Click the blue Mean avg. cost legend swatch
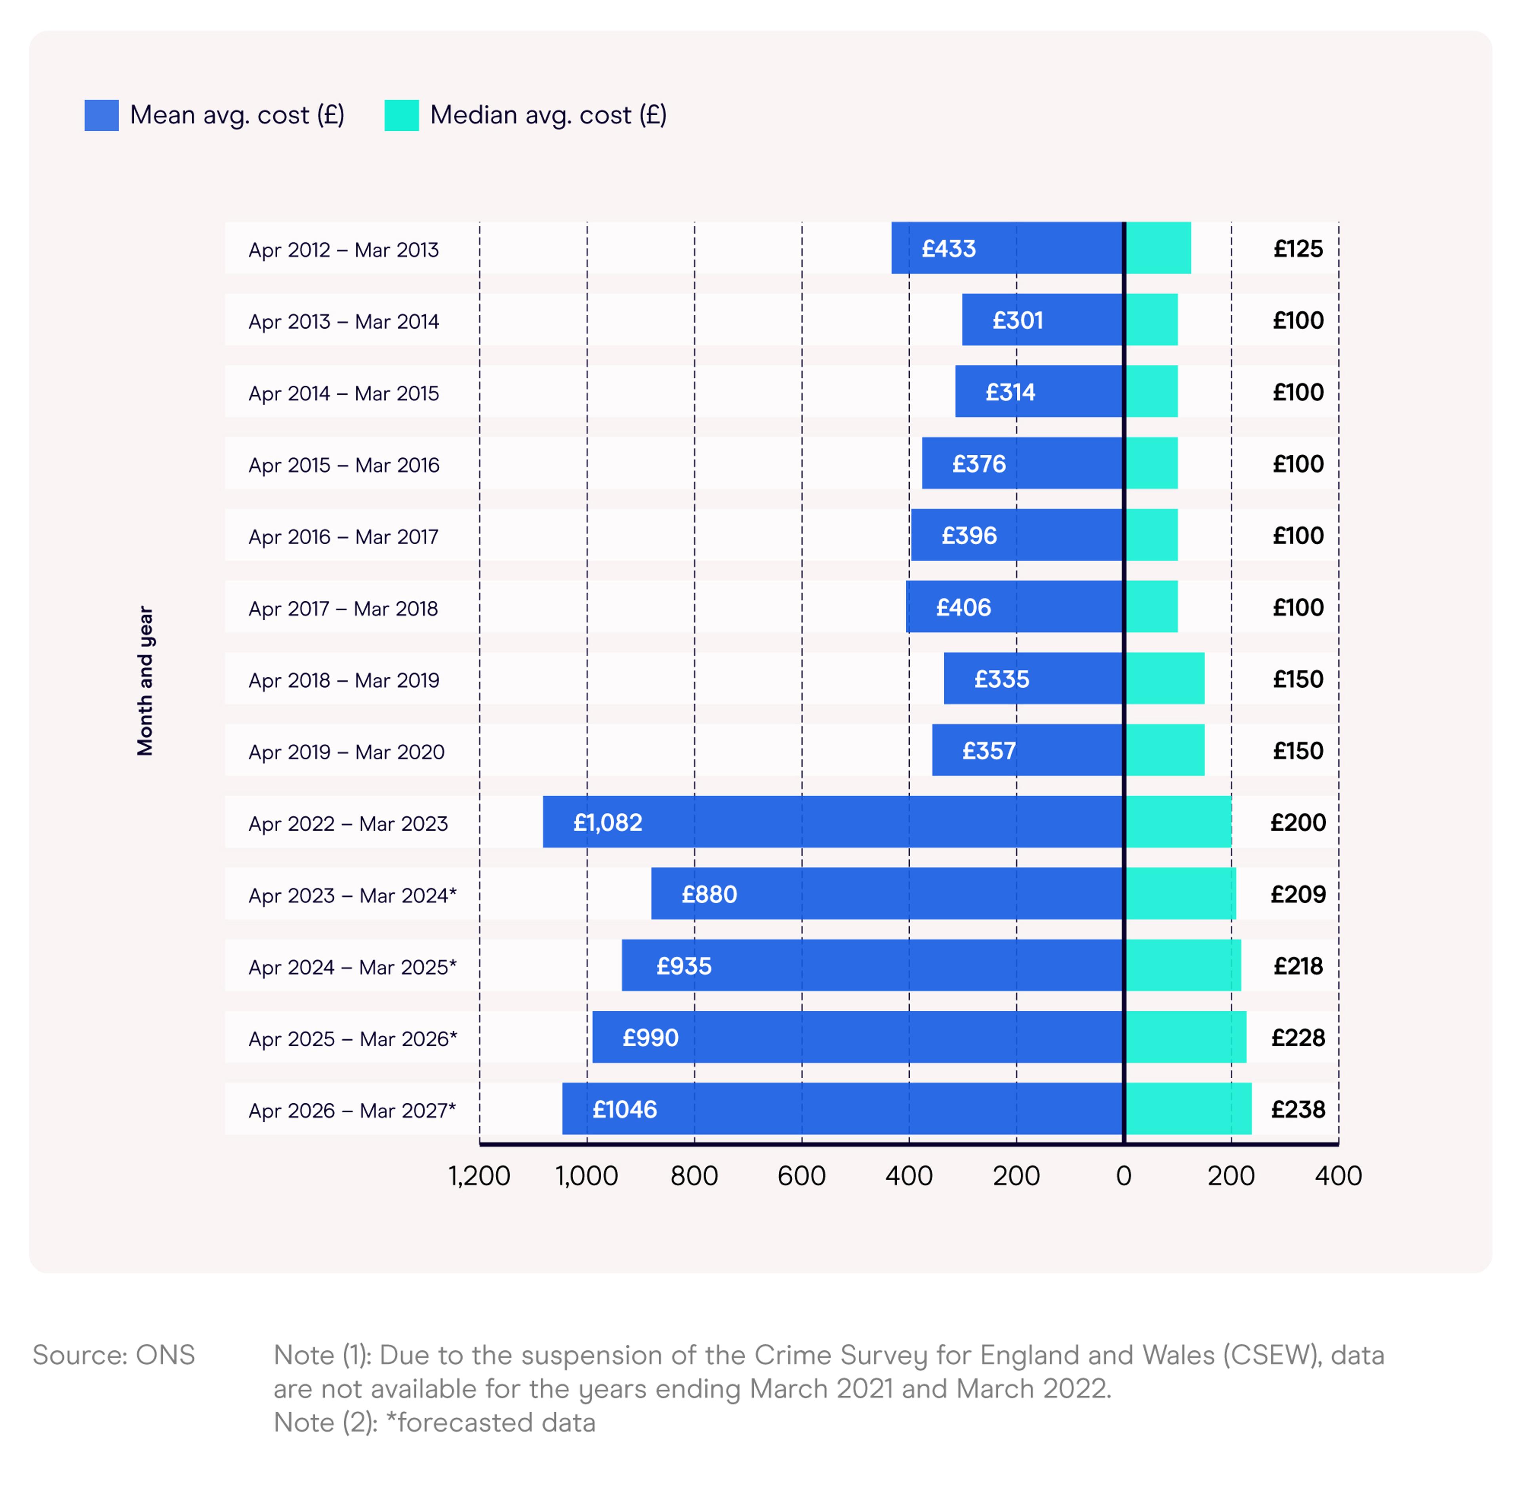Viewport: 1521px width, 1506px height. coord(101,115)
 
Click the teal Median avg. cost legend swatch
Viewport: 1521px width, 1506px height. coord(402,115)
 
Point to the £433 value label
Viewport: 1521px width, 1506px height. coord(949,249)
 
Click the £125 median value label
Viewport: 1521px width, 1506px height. coord(1298,249)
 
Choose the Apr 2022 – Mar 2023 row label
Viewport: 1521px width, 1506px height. coord(348,824)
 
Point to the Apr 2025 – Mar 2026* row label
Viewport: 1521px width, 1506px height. coord(353,1038)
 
